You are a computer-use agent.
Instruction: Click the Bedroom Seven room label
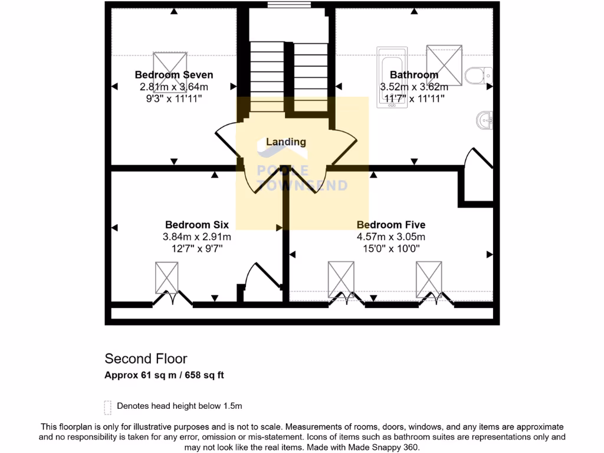173,75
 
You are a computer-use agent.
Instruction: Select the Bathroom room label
414,75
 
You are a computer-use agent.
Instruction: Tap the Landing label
286,142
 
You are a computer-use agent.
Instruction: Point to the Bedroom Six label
196,225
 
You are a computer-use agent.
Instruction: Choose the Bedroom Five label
391,225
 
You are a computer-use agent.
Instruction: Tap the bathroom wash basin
484,121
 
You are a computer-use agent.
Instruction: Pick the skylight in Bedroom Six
166,277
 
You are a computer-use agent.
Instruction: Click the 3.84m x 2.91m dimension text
196,237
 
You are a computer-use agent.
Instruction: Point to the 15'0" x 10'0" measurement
391,248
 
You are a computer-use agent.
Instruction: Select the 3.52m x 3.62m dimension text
414,87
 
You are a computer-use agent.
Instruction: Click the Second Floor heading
146,359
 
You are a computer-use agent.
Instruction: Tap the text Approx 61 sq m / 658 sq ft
164,375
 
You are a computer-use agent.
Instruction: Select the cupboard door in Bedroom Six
260,277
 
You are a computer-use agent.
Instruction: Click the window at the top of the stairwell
289,5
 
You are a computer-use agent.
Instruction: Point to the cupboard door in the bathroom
479,159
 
